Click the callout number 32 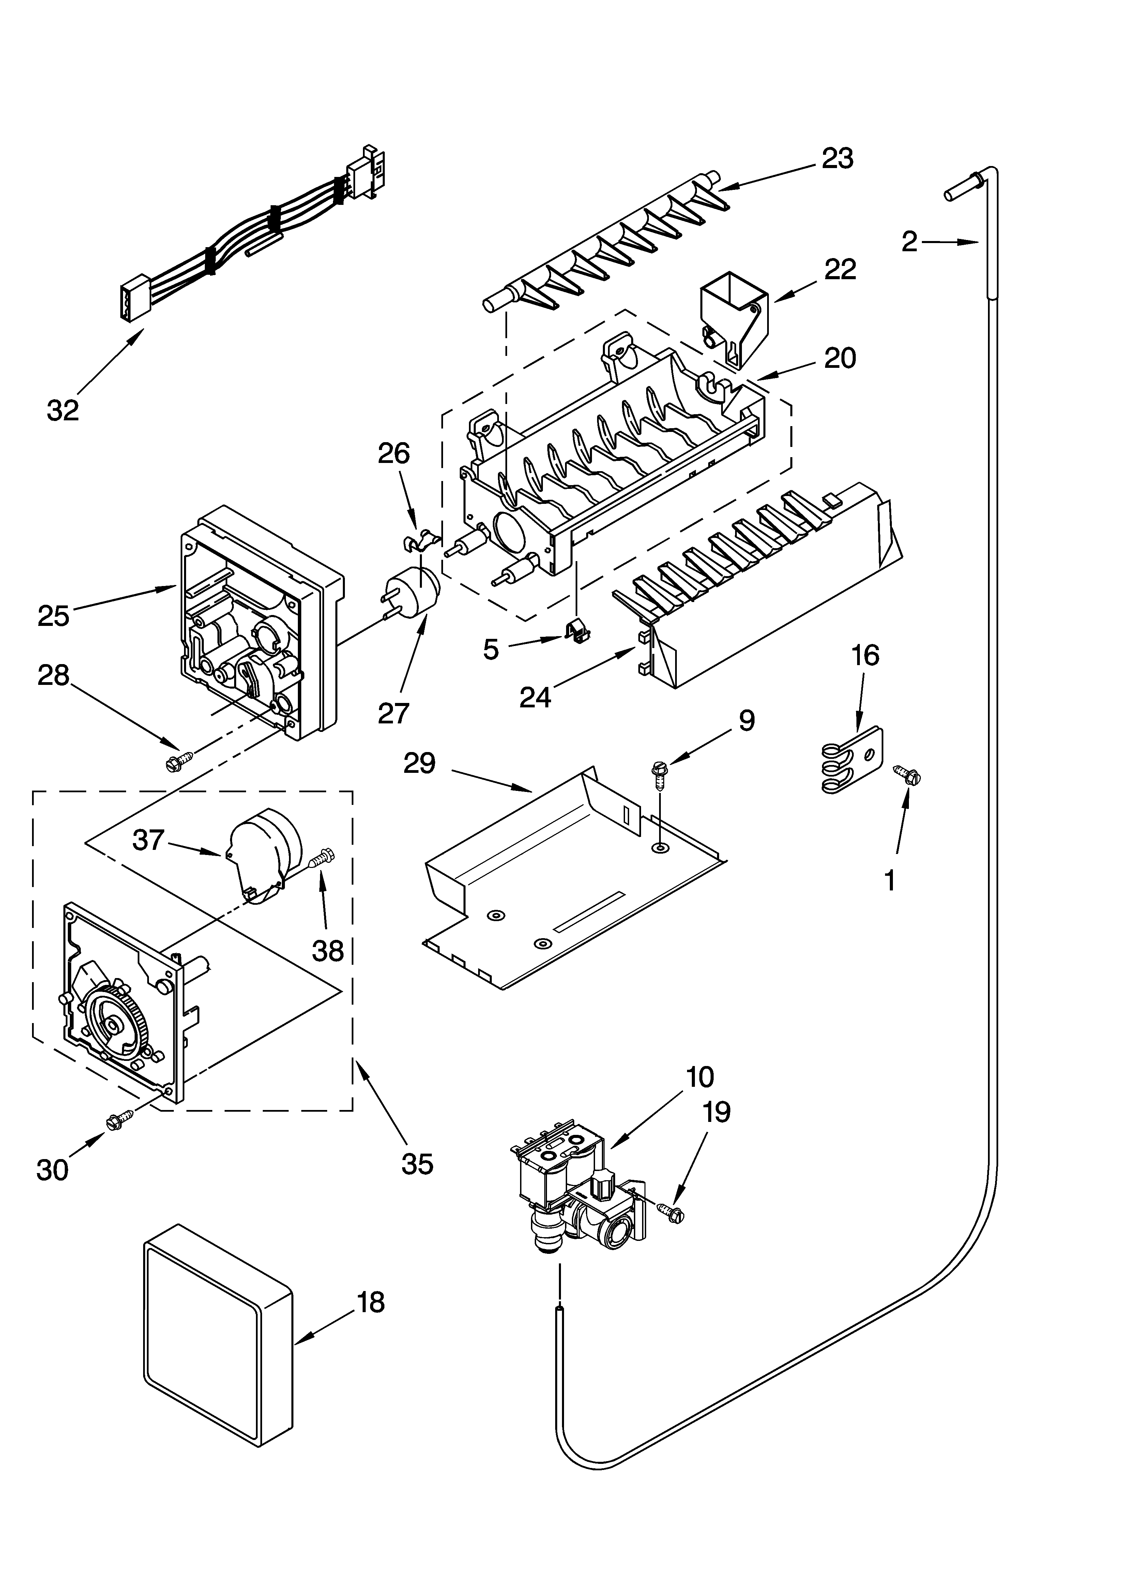click(x=63, y=411)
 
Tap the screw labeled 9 click(x=657, y=776)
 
